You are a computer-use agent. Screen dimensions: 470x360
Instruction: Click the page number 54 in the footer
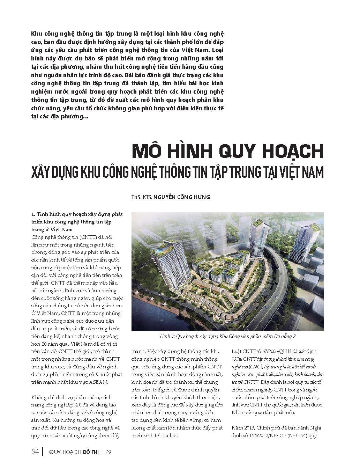(35, 452)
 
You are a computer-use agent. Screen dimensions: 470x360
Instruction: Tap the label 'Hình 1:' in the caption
(168, 337)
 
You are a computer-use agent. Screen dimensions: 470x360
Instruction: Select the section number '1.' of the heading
(33, 214)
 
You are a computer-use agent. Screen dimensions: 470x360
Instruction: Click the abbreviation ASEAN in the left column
(98, 382)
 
